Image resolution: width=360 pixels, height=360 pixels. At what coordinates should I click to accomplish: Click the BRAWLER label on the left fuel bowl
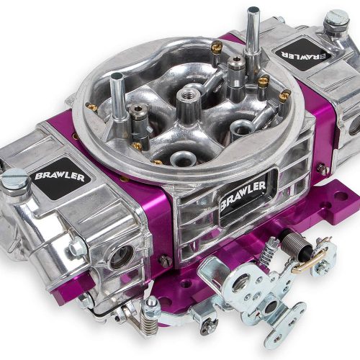tap(60, 176)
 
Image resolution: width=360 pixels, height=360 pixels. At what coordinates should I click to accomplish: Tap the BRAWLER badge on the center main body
tap(243, 194)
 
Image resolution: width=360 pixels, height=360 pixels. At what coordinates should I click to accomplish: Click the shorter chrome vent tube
tap(117, 96)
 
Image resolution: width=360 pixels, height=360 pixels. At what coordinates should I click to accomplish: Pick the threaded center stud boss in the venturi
tap(188, 102)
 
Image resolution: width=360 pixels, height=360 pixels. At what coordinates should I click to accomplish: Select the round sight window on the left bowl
tap(122, 257)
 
